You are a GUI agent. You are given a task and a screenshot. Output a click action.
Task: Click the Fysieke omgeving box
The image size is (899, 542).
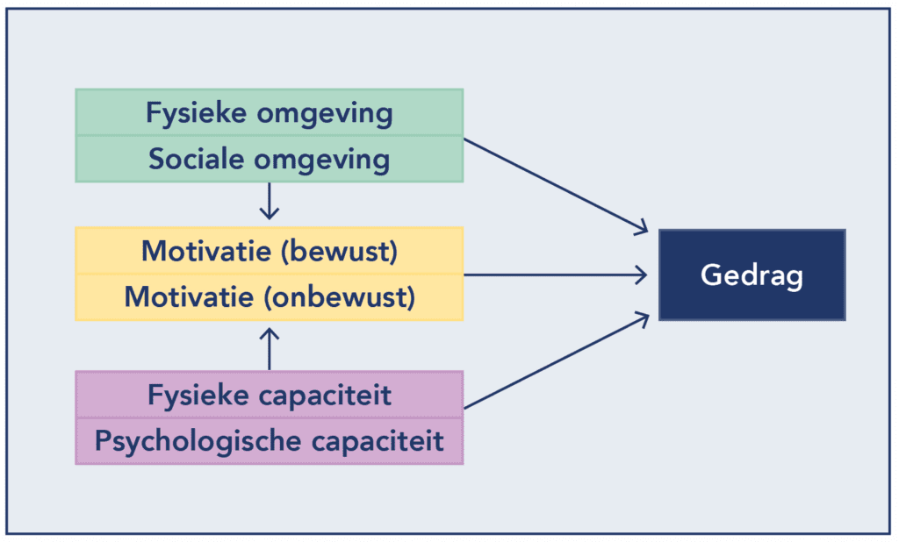pyautogui.click(x=269, y=112)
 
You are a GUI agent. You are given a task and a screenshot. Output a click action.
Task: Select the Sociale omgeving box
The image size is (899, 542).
pyautogui.click(x=269, y=159)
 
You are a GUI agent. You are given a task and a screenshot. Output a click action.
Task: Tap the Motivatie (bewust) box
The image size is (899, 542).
pyautogui.click(x=269, y=251)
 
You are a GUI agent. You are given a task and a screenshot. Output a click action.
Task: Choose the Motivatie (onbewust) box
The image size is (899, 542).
pyautogui.click(x=269, y=296)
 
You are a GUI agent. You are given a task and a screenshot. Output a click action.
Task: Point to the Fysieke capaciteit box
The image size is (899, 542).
pyautogui.click(x=269, y=395)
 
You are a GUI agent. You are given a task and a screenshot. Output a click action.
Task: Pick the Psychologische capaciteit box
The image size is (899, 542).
pyautogui.click(x=269, y=440)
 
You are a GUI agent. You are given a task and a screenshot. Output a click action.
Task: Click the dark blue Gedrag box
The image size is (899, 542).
pyautogui.click(x=752, y=275)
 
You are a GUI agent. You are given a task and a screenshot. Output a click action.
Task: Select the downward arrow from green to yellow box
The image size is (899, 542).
pyautogui.click(x=270, y=202)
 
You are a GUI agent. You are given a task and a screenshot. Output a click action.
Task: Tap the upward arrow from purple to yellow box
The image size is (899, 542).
pyautogui.click(x=270, y=346)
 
